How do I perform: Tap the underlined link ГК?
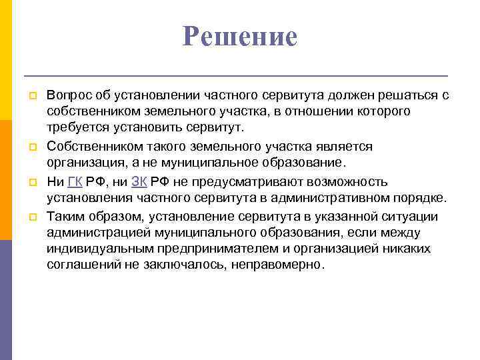[x=75, y=182]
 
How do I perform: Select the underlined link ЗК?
[x=139, y=182]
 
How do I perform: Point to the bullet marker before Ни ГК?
[x=29, y=182]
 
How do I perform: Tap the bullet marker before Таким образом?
[x=29, y=216]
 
